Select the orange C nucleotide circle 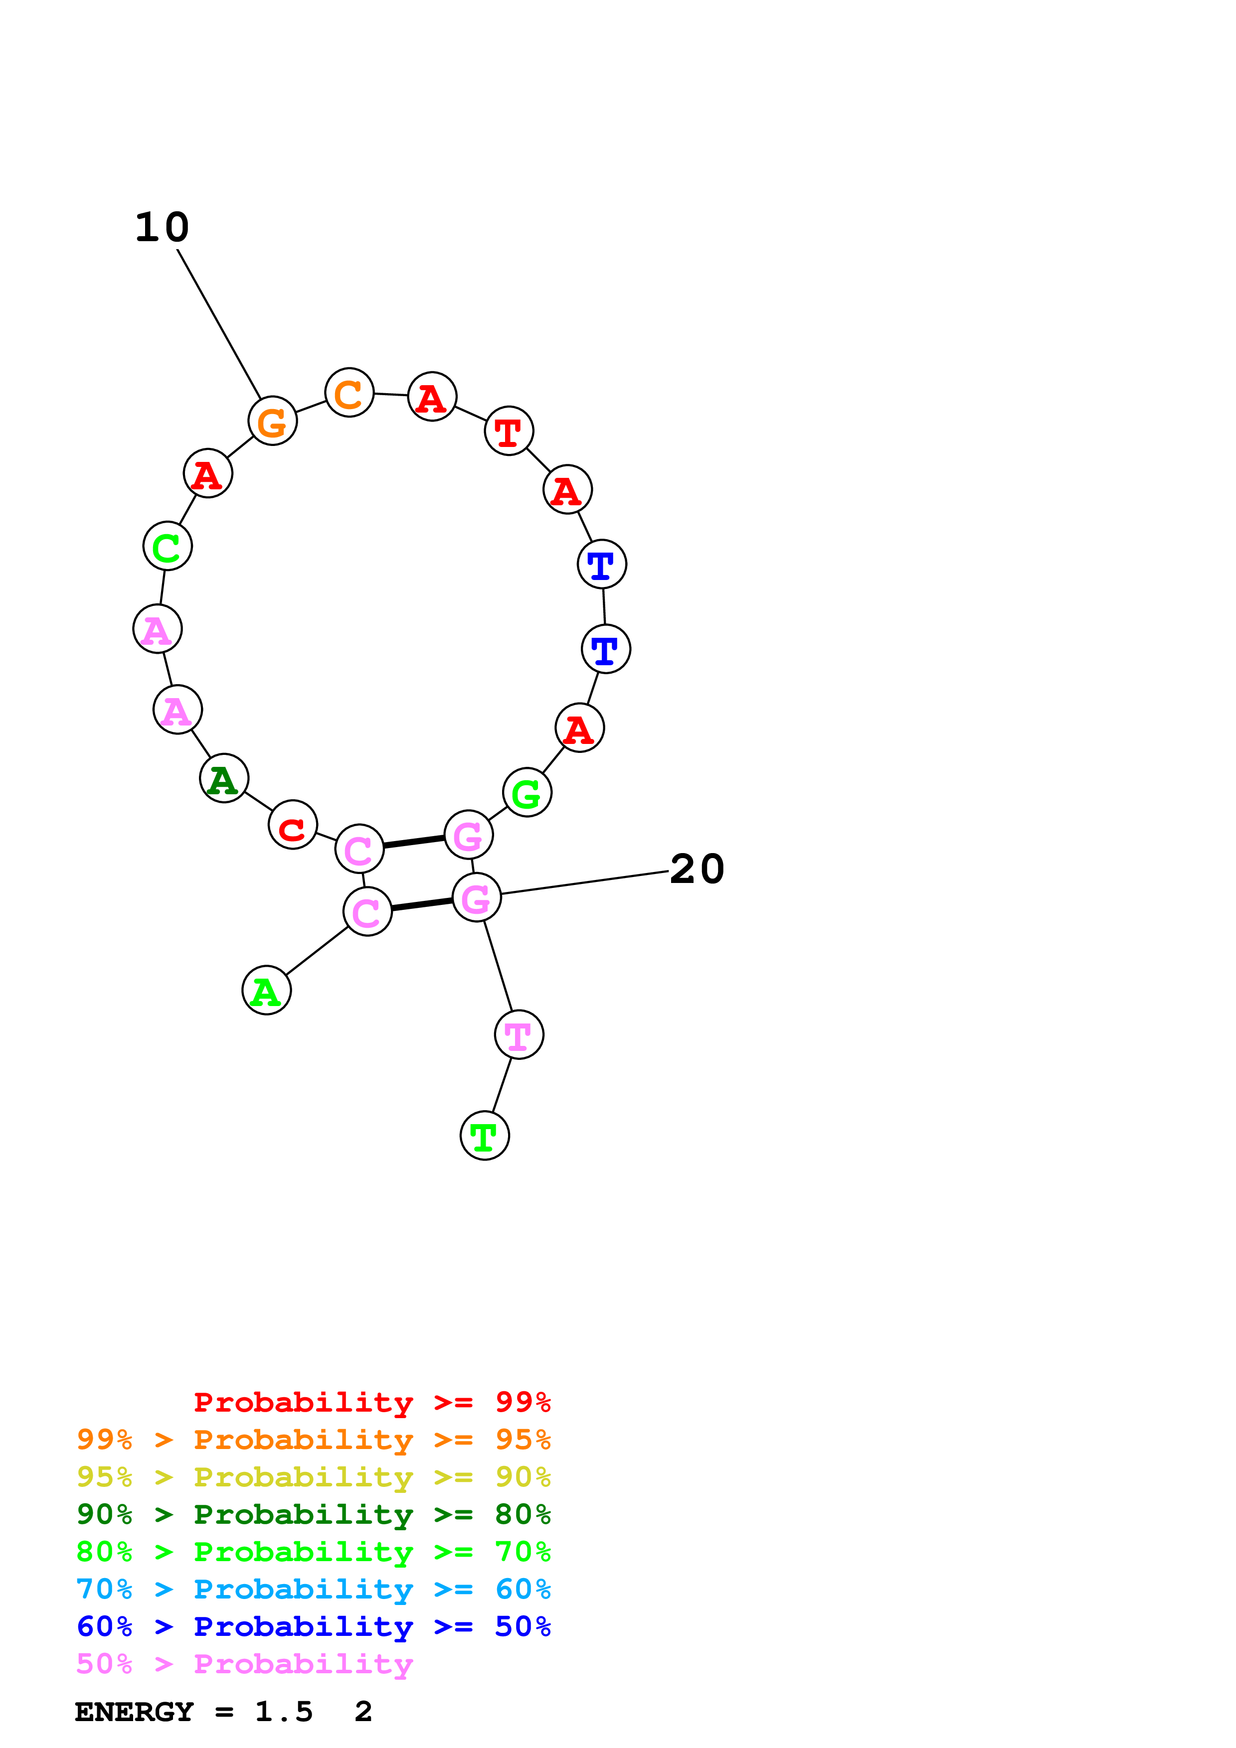click(x=349, y=393)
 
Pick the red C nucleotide click(x=293, y=825)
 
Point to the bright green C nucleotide click(x=167, y=546)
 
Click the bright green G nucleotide click(x=527, y=793)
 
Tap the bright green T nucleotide click(x=484, y=1136)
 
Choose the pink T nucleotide click(x=519, y=1034)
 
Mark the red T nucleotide click(x=509, y=431)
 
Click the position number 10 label click(x=162, y=228)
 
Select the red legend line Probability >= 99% click(x=371, y=1402)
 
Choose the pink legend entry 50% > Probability click(x=244, y=1663)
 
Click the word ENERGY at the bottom click(x=134, y=1712)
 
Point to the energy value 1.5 click(x=283, y=1712)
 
